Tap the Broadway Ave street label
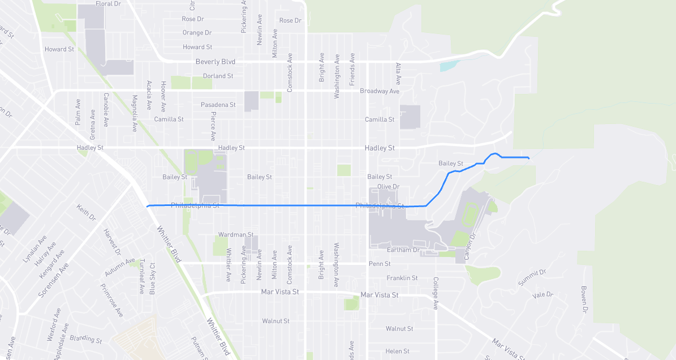(x=379, y=91)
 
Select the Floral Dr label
(x=108, y=4)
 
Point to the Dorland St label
(x=218, y=76)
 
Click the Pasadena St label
(x=218, y=105)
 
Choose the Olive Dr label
(x=388, y=186)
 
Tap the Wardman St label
(x=235, y=234)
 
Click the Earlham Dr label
(x=403, y=250)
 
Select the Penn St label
(x=379, y=264)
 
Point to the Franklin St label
(x=402, y=278)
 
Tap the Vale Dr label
(x=542, y=295)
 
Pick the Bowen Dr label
(x=584, y=299)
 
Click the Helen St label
(x=397, y=351)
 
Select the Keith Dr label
(x=87, y=212)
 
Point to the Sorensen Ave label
(x=52, y=280)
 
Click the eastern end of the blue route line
(x=528, y=158)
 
